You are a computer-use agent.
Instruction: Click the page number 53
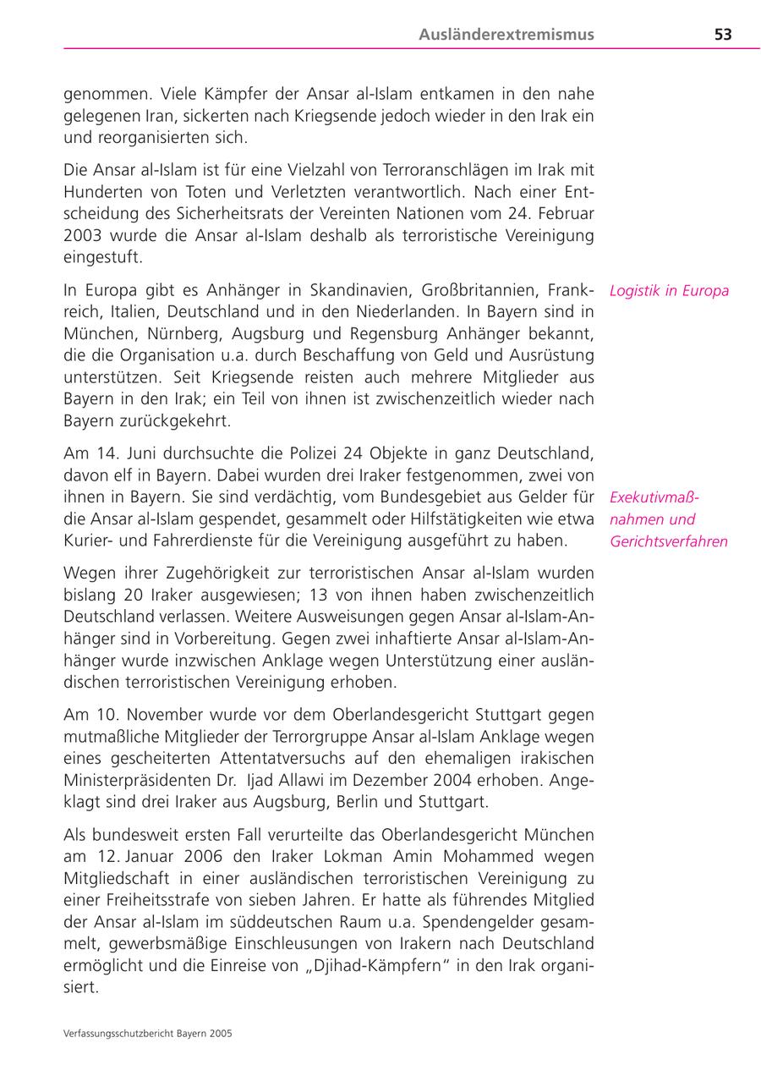[x=722, y=35]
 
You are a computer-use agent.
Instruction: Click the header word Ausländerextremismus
[x=506, y=35]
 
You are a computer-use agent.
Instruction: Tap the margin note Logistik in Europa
[x=668, y=291]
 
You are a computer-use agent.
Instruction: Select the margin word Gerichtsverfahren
[x=668, y=541]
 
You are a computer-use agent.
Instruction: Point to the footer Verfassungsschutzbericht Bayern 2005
[x=148, y=1034]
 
